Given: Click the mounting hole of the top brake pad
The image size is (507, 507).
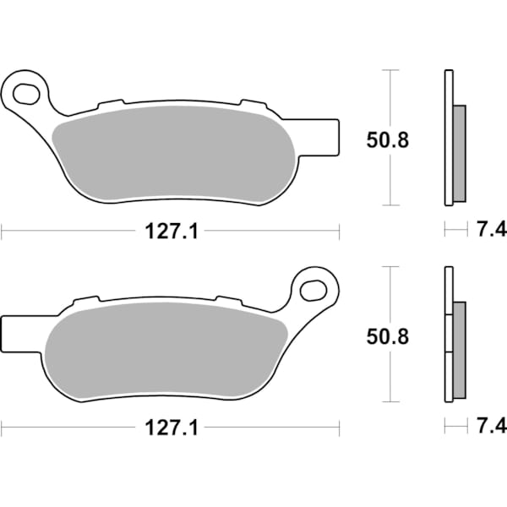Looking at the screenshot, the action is coord(26,94).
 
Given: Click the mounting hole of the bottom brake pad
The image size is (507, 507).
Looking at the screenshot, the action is coord(313,291).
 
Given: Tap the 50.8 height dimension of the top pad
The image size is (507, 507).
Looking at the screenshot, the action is coord(388,140).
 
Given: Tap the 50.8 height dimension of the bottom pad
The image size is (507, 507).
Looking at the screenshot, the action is coord(388,336).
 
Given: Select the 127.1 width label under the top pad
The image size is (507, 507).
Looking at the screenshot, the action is coord(171,232).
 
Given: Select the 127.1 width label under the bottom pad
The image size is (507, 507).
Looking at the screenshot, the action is coord(171,428).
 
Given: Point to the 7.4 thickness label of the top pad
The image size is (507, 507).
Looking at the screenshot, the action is coord(492,230).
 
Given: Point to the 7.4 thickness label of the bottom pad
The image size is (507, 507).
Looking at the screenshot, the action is coord(492,427).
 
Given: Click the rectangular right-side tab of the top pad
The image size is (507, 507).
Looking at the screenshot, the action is coord(319,138).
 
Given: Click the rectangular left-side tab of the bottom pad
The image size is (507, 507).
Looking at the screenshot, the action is coord(20,334).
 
